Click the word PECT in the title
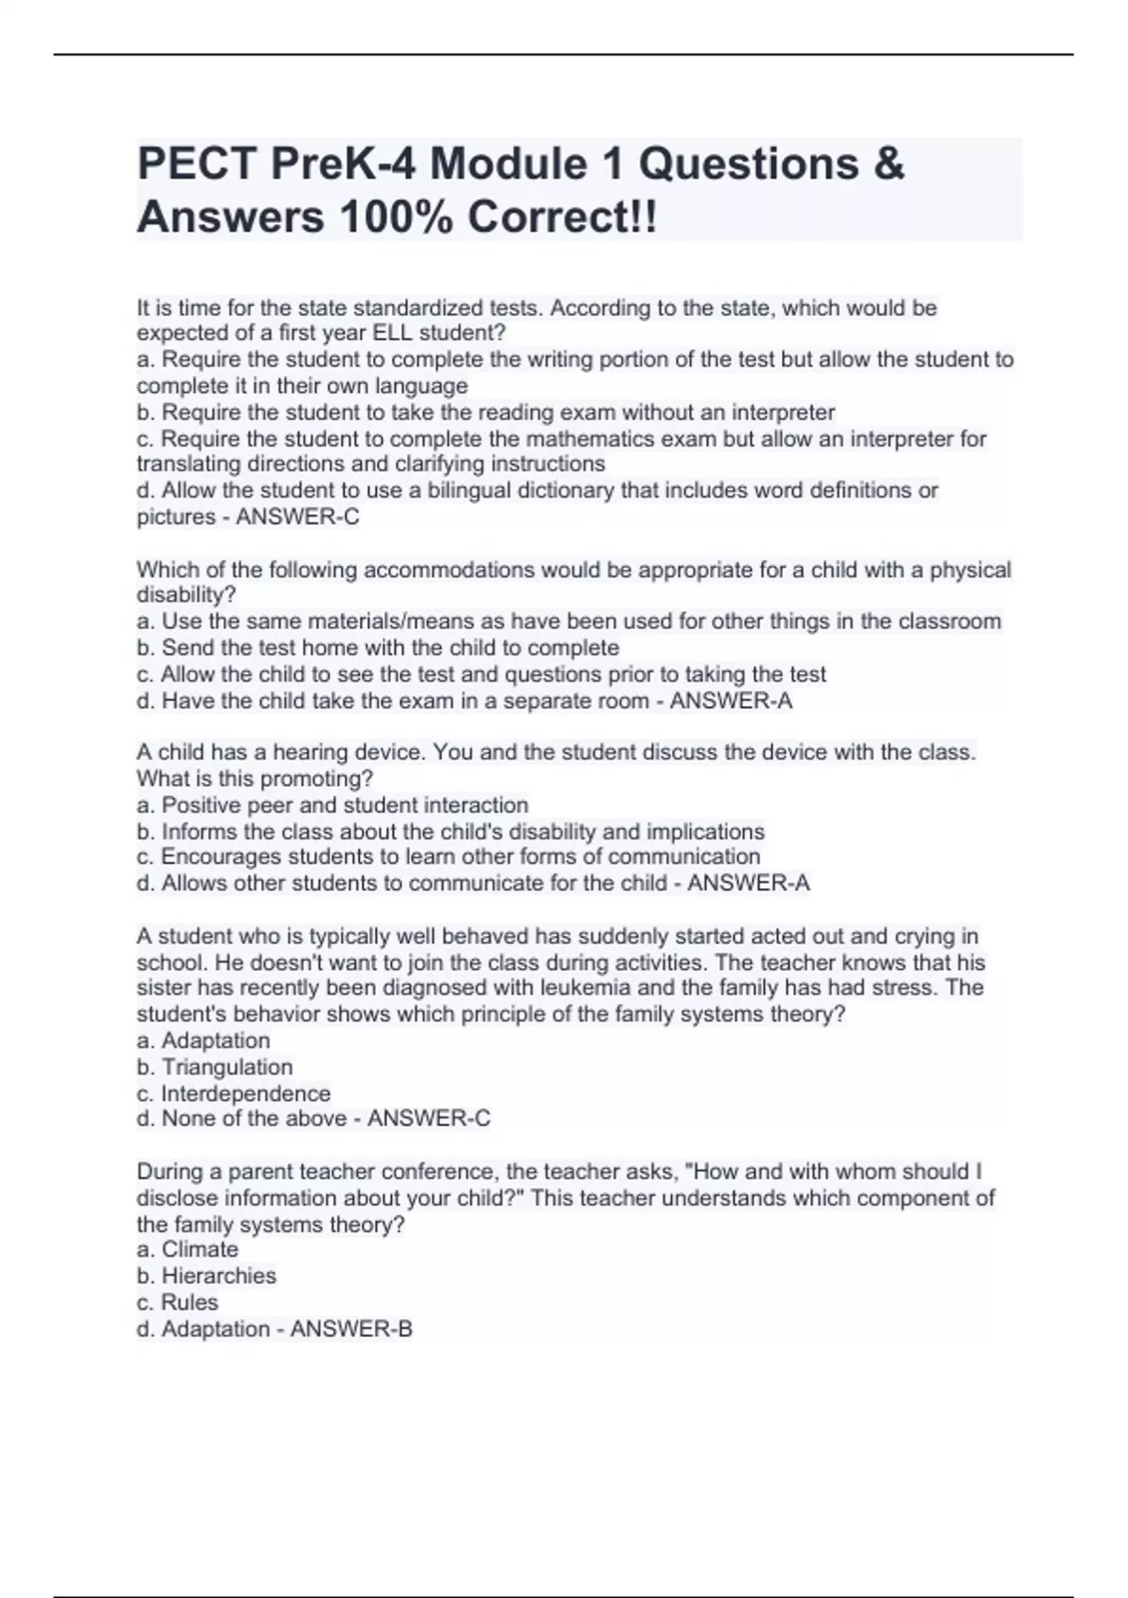click(196, 164)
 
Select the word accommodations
click(493, 570)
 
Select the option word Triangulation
click(227, 1067)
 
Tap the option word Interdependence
click(245, 1093)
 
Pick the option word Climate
click(199, 1249)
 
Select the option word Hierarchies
click(219, 1276)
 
